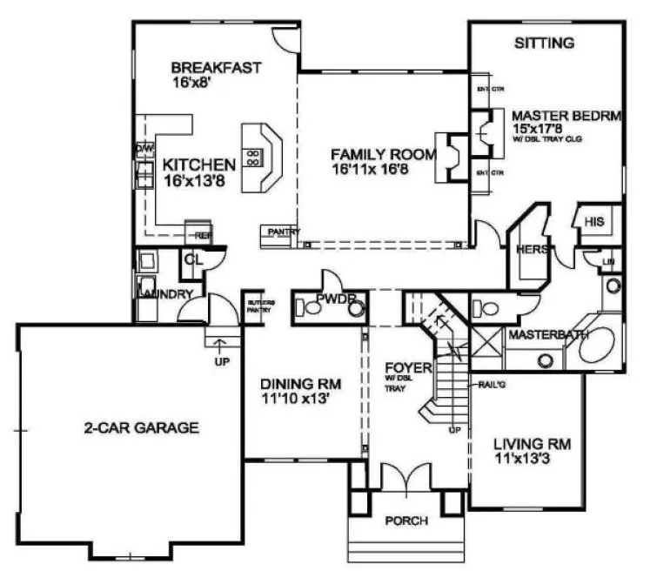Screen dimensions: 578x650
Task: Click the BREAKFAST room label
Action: point(216,68)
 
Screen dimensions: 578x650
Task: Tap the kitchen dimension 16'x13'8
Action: point(198,181)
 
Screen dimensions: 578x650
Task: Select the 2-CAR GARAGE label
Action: point(142,427)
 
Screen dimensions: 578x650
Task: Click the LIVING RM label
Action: point(519,443)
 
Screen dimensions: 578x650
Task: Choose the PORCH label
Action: point(405,521)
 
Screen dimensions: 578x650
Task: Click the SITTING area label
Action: point(544,43)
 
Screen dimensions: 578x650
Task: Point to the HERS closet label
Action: point(532,249)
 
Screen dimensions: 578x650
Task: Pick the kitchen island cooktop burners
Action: point(254,158)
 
